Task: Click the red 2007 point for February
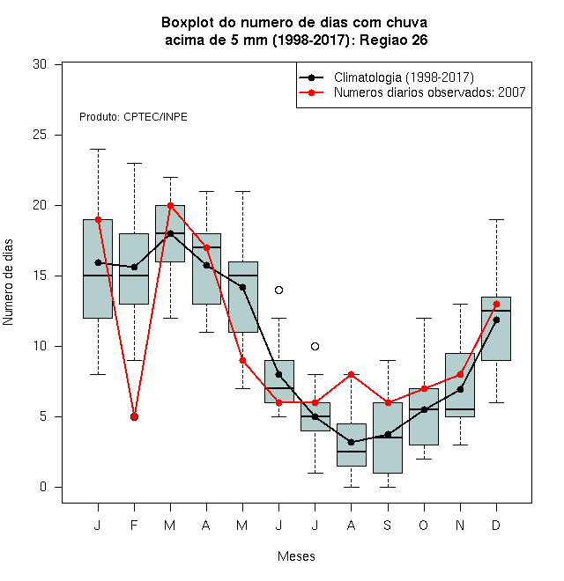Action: tap(134, 417)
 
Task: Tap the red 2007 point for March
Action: tap(170, 206)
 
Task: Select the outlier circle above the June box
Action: tap(279, 290)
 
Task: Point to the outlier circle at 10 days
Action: tap(315, 347)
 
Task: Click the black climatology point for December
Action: tap(496, 320)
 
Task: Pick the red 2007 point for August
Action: tap(352, 375)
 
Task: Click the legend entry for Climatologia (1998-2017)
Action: tap(386, 77)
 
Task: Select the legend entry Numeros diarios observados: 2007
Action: tap(412, 92)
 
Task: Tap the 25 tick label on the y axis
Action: tap(40, 135)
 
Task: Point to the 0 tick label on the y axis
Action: tap(43, 487)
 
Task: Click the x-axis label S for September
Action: tap(388, 525)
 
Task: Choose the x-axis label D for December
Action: tap(496, 525)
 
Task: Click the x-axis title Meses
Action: tap(296, 556)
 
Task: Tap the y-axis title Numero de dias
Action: tap(8, 283)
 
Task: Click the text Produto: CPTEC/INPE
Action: tap(133, 117)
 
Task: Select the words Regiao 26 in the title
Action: tap(394, 40)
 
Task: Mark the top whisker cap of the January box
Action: tap(99, 150)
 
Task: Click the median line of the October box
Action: tap(424, 409)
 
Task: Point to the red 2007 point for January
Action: tap(99, 220)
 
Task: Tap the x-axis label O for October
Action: tap(424, 525)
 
